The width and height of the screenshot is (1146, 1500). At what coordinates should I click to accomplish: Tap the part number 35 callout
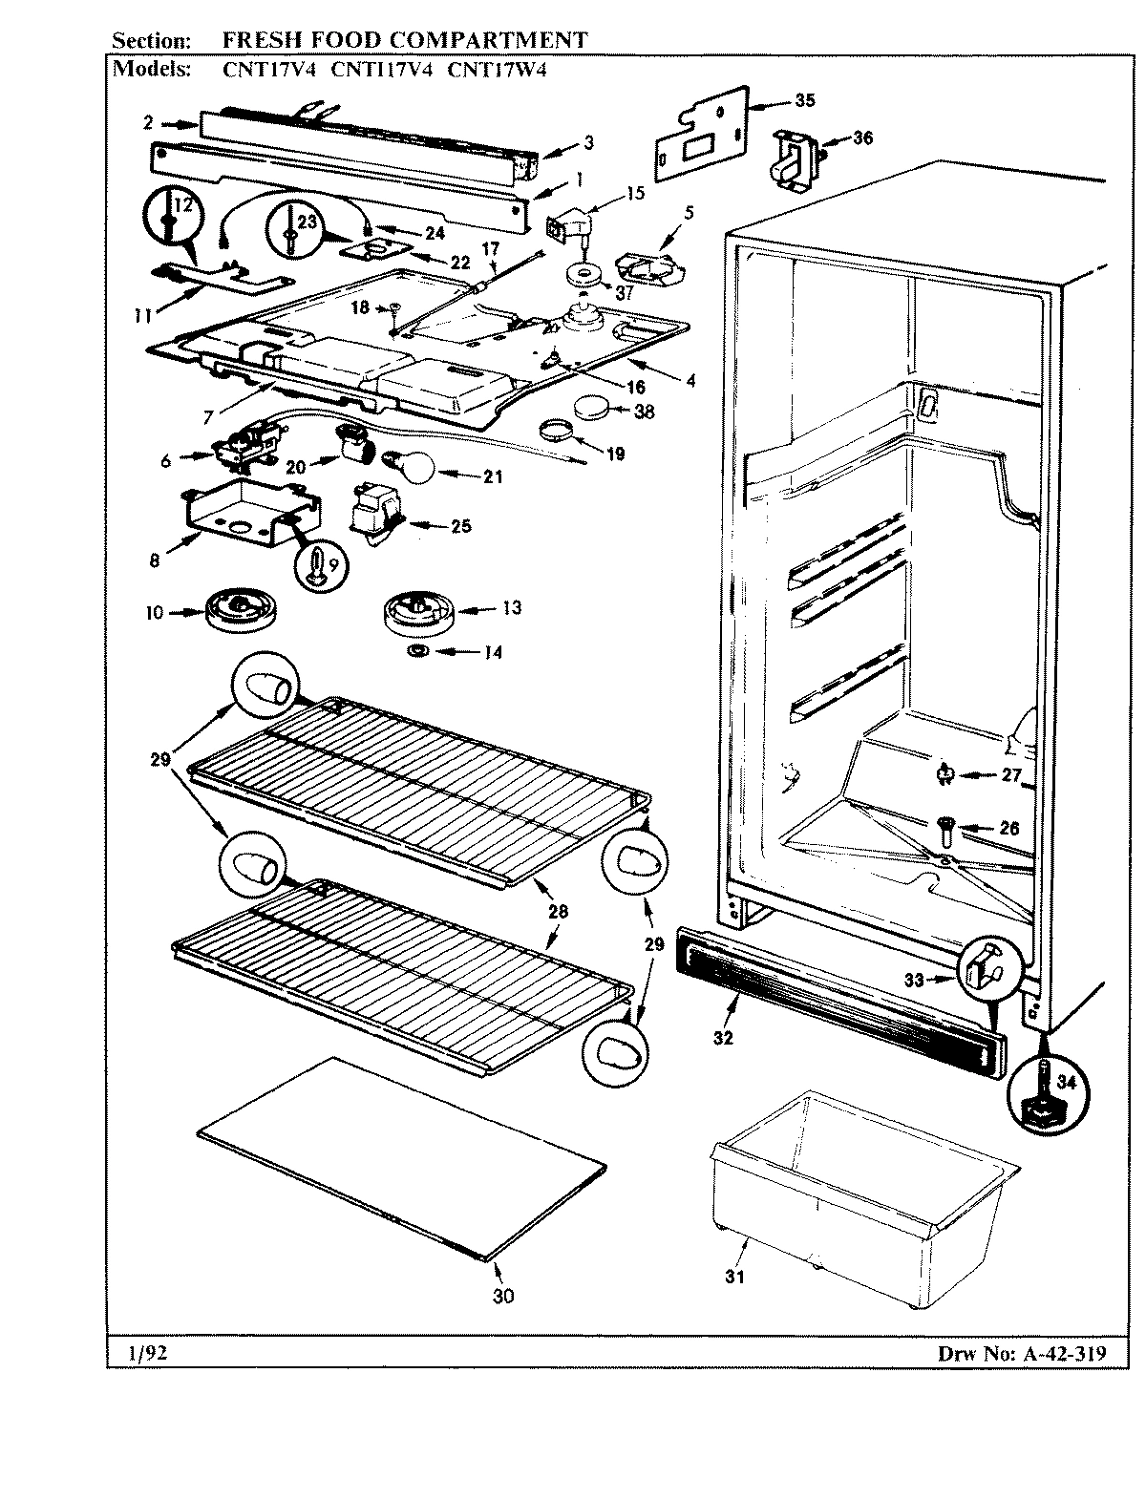coord(805,101)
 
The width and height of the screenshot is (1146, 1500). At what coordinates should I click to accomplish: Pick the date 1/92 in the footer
coord(144,1352)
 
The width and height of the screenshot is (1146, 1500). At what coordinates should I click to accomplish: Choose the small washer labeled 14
coord(417,651)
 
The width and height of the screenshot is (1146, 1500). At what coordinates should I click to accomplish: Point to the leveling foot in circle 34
coord(1044,1093)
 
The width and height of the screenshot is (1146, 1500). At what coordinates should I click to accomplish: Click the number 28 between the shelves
coord(558,912)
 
